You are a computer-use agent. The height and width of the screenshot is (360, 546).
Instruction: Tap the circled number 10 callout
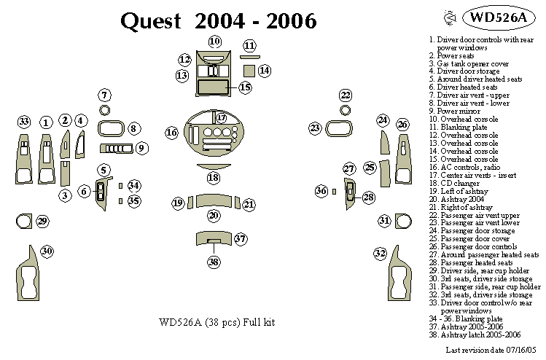pos(215,42)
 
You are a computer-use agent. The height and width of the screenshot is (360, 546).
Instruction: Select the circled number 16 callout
pos(172,133)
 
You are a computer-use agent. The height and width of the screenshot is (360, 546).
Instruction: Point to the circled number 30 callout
pos(47,251)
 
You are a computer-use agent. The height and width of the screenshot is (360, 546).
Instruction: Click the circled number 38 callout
pos(214,262)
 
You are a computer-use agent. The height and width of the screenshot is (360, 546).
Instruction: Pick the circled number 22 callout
pos(346,95)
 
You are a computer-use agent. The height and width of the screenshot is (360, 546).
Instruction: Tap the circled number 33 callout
pos(24,122)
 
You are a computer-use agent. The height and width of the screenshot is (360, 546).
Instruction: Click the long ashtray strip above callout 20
pos(213,201)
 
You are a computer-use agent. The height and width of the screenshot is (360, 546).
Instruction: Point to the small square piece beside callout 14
pos(248,71)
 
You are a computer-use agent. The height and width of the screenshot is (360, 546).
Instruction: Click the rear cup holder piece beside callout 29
pos(23,221)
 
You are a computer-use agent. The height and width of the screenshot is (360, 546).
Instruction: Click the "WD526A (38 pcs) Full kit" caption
pos(217,323)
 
